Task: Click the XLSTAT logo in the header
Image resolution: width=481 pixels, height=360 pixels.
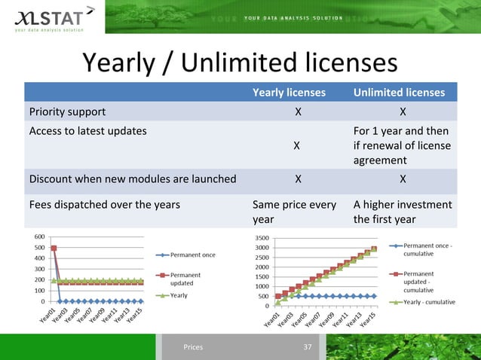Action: [47, 17]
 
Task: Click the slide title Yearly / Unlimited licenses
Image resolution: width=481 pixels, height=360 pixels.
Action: [239, 63]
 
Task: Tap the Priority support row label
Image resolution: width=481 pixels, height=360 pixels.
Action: [67, 112]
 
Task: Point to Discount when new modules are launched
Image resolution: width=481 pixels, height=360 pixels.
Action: [132, 179]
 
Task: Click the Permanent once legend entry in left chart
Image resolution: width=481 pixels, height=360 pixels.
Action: [193, 255]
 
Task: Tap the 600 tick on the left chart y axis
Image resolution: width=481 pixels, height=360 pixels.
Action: [38, 236]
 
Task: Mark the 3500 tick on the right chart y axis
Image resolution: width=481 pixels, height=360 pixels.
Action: [263, 236]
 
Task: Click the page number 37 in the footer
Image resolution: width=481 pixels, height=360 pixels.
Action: [307, 346]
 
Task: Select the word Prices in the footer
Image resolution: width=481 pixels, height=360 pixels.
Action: [193, 347]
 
